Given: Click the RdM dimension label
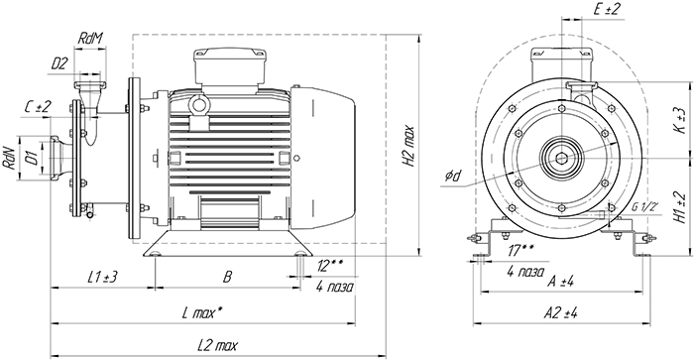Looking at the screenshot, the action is click(x=90, y=39).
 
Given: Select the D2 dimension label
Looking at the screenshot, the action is click(x=58, y=64).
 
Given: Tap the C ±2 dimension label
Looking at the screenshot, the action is click(x=38, y=107).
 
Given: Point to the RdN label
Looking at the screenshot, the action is click(x=9, y=158).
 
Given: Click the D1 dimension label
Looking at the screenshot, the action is click(x=31, y=158).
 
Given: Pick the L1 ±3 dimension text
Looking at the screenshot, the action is click(x=102, y=278).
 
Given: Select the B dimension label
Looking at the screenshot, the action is click(x=227, y=278).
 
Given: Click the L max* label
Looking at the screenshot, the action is click(x=202, y=313).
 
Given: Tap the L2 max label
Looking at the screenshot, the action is click(x=217, y=345).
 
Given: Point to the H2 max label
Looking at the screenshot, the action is click(x=408, y=146).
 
